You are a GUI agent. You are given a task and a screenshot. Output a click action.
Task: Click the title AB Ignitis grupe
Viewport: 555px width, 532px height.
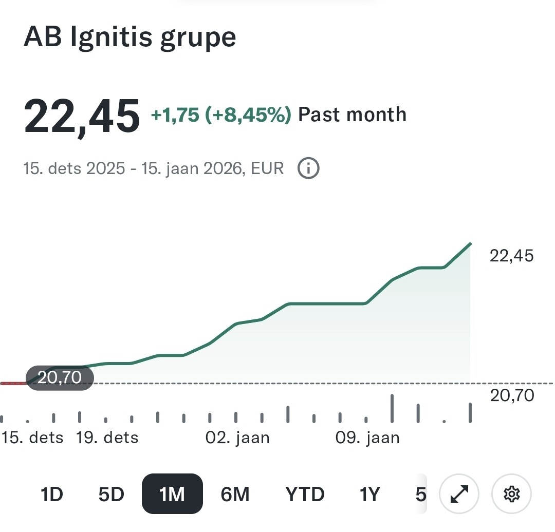tap(129, 37)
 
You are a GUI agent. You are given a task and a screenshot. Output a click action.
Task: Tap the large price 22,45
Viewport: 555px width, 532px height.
tap(82, 115)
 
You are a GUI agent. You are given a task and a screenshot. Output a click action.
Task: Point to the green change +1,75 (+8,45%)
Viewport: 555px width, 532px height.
tap(221, 115)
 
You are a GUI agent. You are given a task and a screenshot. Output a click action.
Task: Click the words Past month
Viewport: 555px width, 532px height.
tap(352, 115)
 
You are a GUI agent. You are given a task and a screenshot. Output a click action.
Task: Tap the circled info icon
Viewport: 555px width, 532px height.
tap(309, 168)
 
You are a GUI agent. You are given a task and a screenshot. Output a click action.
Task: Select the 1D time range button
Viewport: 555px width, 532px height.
tap(51, 494)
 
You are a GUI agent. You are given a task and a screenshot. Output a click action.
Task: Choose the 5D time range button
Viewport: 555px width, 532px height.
tap(111, 494)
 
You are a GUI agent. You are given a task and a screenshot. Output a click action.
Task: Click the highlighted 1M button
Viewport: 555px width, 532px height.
tap(172, 494)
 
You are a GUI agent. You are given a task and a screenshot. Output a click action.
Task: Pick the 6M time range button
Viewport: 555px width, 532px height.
tap(235, 494)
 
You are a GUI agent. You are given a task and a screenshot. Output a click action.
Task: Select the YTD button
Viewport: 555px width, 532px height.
tap(305, 494)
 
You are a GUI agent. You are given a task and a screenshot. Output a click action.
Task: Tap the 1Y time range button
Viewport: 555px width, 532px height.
tap(369, 494)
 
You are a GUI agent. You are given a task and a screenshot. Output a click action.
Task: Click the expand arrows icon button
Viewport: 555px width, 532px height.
tap(459, 494)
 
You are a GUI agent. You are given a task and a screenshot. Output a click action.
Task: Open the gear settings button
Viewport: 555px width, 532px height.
tap(511, 494)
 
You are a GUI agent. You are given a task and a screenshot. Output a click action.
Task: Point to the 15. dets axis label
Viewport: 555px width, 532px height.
tap(33, 438)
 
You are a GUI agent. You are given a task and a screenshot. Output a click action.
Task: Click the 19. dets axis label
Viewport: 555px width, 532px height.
tap(107, 438)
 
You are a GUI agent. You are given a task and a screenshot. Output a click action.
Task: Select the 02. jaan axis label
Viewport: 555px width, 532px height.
tap(237, 438)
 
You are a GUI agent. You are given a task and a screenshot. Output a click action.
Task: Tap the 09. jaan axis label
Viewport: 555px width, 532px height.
tap(367, 438)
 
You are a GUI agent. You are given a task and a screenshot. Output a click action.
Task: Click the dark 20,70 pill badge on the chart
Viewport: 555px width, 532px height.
tap(60, 378)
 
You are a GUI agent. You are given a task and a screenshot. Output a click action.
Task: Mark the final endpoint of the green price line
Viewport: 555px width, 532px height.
tap(470, 244)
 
